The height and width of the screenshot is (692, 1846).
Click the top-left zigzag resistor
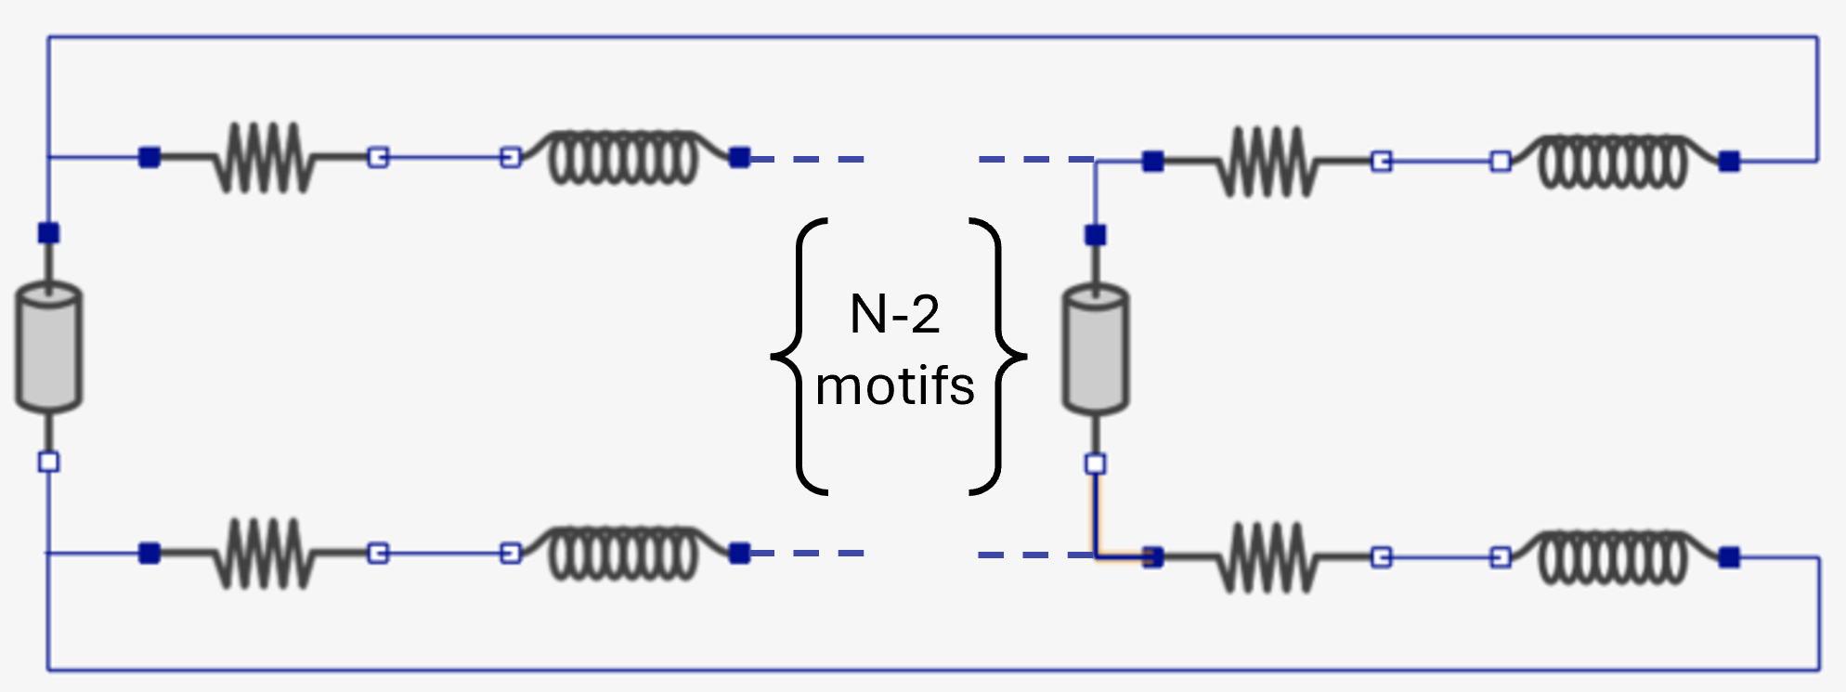tap(264, 158)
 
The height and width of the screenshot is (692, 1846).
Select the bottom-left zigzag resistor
tap(264, 554)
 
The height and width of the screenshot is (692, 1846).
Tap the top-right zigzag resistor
tap(1268, 162)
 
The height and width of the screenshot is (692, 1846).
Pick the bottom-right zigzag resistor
tap(1268, 557)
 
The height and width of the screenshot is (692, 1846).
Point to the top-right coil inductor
tap(1614, 162)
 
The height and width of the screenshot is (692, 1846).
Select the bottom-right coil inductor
tap(1614, 557)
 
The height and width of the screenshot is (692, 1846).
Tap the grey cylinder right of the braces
tap(1096, 350)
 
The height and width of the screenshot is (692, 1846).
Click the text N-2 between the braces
tap(894, 314)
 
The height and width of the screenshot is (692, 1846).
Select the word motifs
tap(894, 386)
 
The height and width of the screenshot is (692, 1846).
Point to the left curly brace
tap(799, 356)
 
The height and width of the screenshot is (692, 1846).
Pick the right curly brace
tap(999, 356)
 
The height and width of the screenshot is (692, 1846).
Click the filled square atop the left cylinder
tap(49, 232)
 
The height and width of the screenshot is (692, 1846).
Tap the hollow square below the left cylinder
tap(49, 462)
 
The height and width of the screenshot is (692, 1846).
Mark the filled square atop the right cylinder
tap(1096, 235)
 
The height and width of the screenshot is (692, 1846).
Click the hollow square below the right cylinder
tap(1096, 464)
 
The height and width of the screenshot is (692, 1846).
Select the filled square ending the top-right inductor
tap(1729, 162)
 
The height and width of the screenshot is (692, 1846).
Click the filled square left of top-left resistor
tap(149, 158)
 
